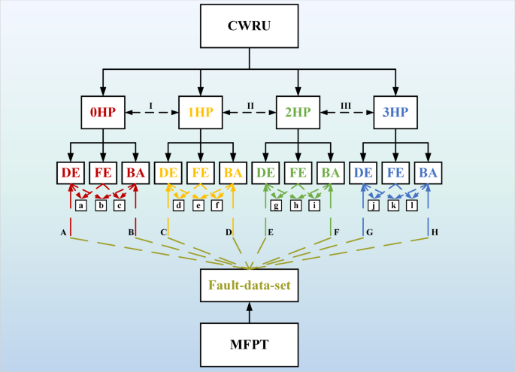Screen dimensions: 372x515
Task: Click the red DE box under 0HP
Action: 71,173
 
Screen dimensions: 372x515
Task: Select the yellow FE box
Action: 199,173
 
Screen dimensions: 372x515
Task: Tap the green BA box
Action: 330,173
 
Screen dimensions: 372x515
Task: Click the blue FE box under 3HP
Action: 395,173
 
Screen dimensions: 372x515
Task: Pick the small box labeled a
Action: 81,205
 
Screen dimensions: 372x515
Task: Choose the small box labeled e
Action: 198,205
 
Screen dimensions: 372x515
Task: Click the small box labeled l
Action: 413,205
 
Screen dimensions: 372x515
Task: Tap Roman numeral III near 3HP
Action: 346,105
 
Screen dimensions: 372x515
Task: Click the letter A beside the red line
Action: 63,233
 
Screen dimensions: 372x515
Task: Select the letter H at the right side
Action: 435,233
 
